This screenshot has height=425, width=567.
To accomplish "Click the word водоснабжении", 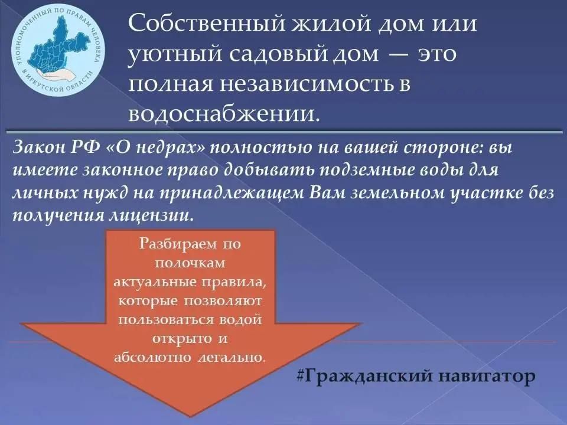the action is (224, 113).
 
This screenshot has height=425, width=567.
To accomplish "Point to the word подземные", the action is (365, 171).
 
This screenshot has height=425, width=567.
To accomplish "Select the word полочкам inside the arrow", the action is (190, 262).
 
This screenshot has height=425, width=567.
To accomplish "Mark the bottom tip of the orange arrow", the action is (190, 416).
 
